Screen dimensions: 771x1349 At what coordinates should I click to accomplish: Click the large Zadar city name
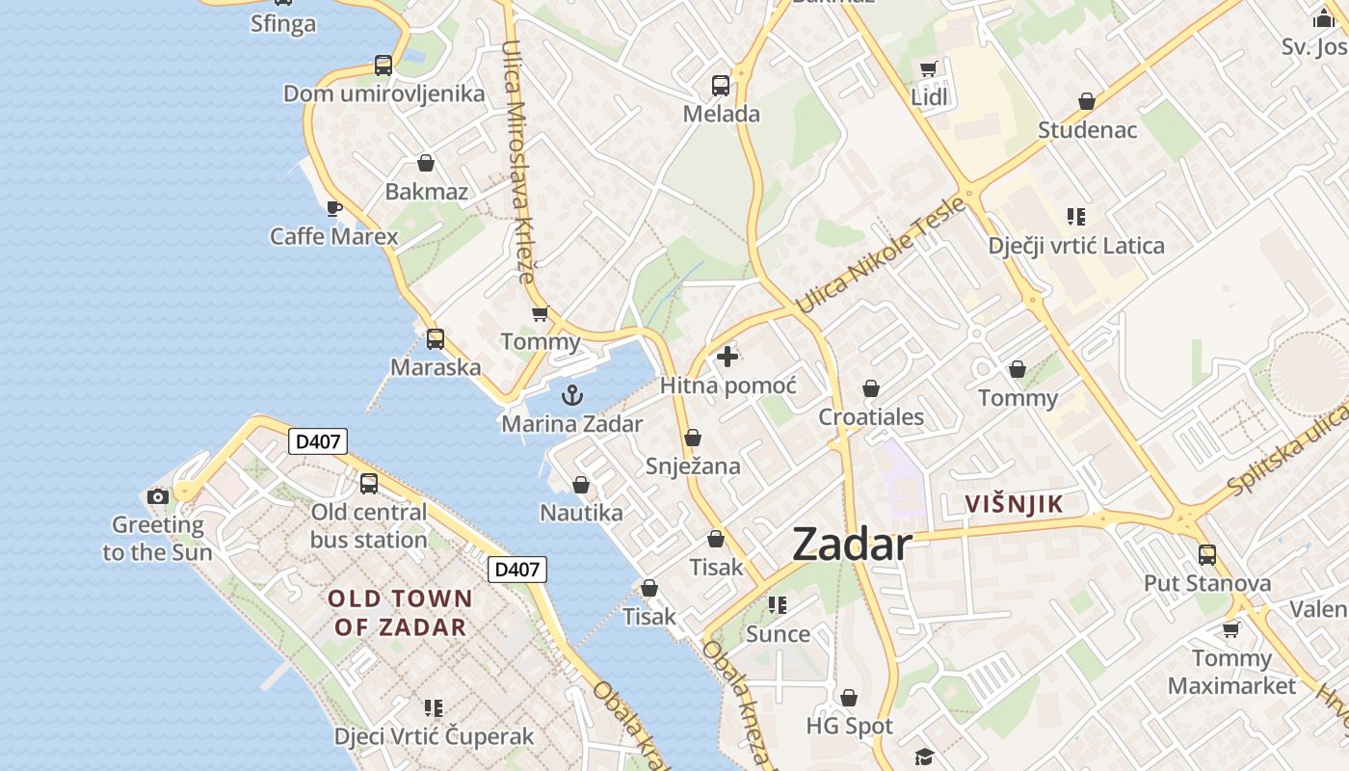(x=851, y=545)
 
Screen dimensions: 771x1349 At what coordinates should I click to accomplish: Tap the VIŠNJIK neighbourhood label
(x=1015, y=503)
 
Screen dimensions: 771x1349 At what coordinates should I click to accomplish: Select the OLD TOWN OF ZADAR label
(x=400, y=613)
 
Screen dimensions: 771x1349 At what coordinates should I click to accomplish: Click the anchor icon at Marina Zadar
(x=572, y=395)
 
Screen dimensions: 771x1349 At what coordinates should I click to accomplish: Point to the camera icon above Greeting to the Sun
(x=158, y=497)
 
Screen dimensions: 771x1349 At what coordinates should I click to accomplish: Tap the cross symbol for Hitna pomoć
(x=727, y=358)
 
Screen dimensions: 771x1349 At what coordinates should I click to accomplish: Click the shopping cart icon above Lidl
(x=928, y=69)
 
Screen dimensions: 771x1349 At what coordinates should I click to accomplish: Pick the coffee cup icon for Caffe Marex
(x=334, y=208)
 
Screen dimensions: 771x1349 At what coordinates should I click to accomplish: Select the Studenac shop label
(x=1087, y=130)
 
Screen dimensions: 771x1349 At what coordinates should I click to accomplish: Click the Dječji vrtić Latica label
(x=1076, y=246)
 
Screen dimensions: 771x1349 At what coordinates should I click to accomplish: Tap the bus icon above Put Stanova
(x=1206, y=555)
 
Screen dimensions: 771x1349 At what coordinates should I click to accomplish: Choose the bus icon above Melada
(x=721, y=86)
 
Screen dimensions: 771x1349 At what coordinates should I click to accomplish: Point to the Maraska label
(x=436, y=367)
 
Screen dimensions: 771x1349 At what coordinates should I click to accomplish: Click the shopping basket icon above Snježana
(x=692, y=439)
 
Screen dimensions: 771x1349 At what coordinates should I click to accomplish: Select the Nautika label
(x=581, y=513)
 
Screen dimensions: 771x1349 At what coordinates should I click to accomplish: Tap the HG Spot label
(x=849, y=726)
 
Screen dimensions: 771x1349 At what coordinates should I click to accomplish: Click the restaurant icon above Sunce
(x=778, y=605)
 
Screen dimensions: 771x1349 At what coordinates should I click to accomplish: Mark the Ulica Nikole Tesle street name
(x=881, y=255)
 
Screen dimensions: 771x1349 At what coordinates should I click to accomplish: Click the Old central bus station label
(x=368, y=525)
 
